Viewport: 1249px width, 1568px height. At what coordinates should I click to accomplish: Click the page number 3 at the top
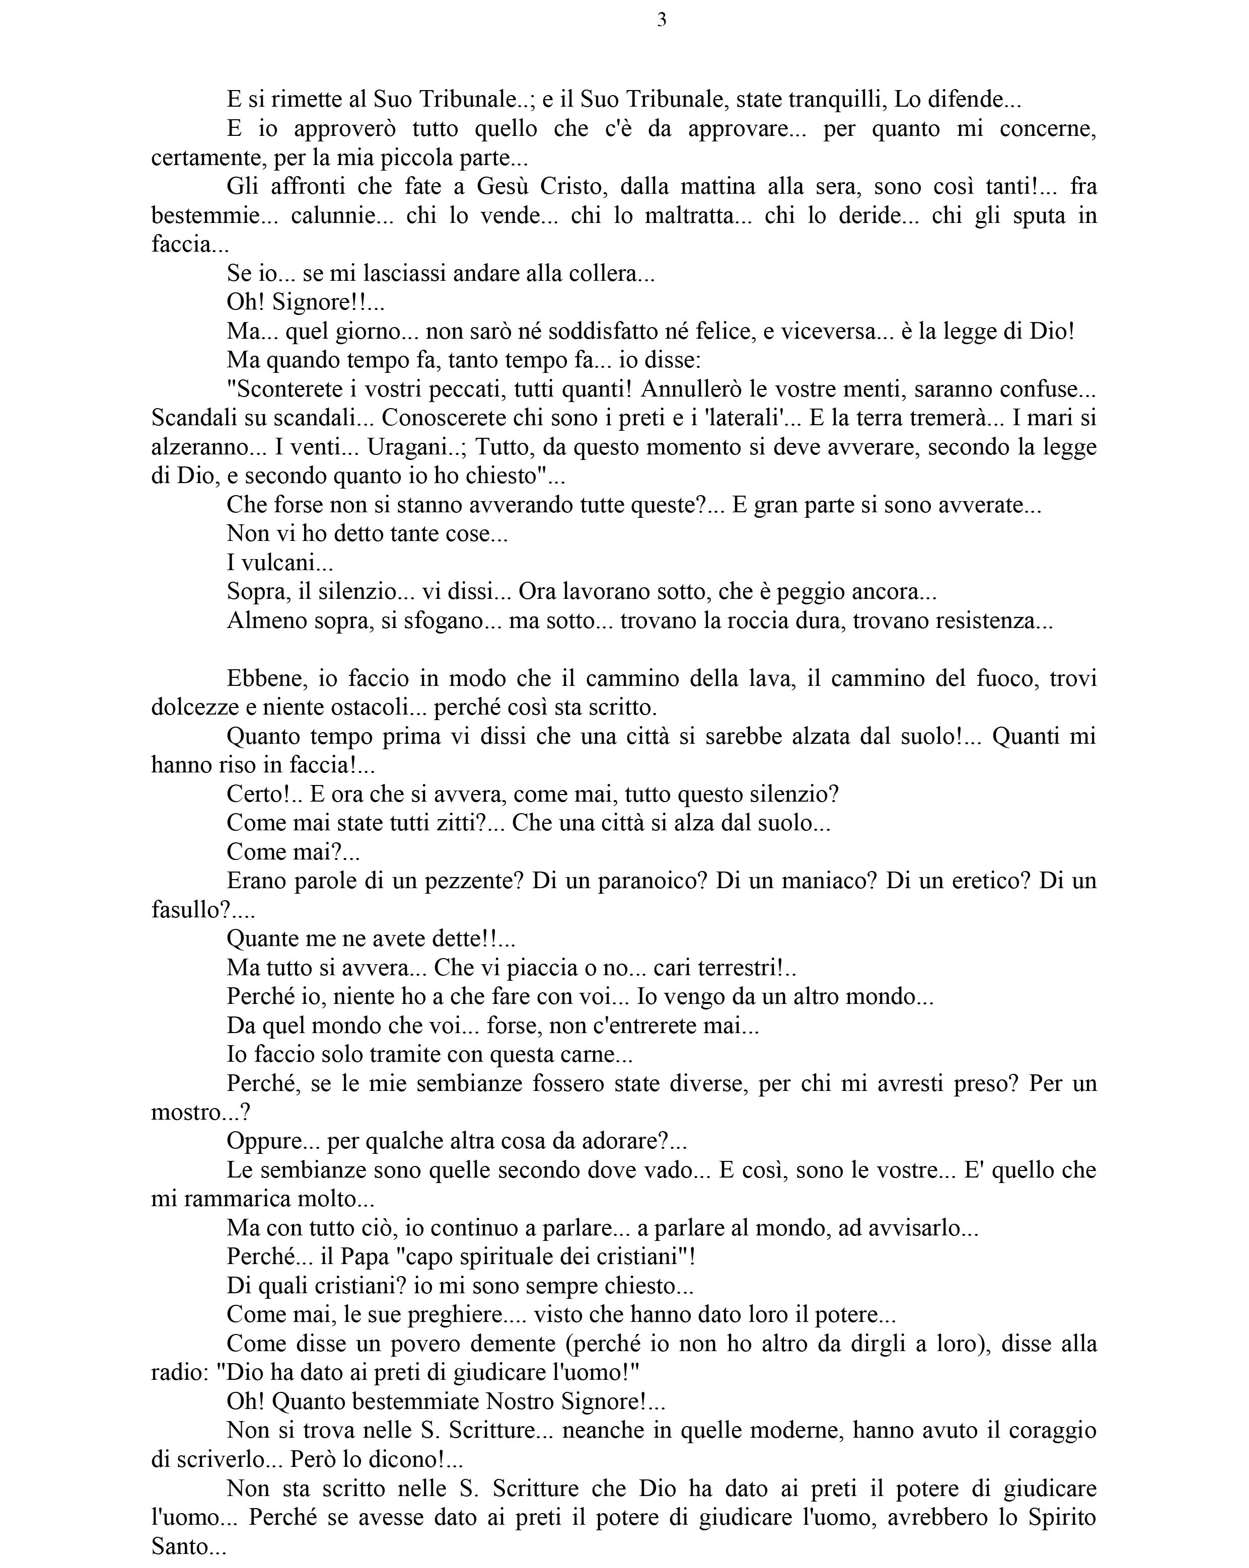click(x=661, y=20)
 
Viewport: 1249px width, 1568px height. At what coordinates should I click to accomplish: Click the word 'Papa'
click(x=366, y=1257)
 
